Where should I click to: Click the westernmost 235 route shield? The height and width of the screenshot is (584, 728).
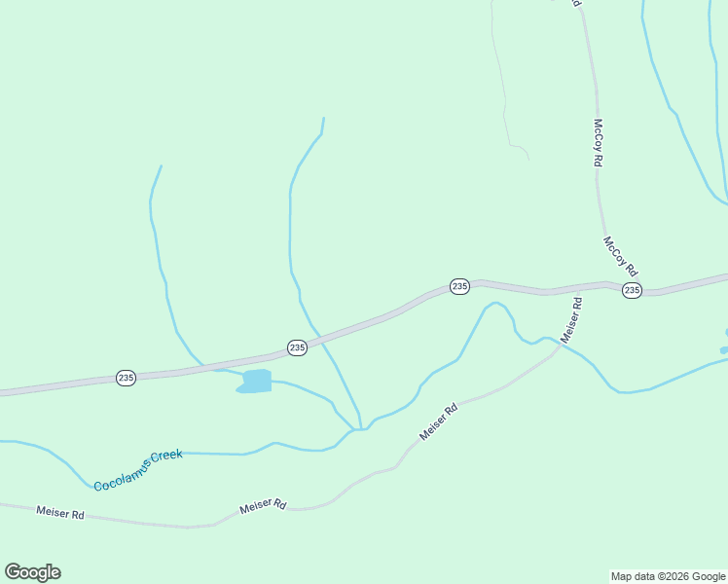click(x=126, y=377)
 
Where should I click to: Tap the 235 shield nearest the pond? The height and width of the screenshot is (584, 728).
click(x=297, y=347)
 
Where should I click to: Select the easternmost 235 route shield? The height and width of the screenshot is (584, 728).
click(x=632, y=290)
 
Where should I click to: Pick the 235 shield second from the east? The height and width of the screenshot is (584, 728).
click(x=460, y=285)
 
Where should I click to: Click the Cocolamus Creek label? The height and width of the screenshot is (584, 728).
click(x=138, y=469)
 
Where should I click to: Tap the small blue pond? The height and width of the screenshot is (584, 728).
click(x=256, y=381)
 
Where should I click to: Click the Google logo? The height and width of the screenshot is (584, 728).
click(x=32, y=572)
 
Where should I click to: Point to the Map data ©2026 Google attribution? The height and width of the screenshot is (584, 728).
click(x=668, y=576)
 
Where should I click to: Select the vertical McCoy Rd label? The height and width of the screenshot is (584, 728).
click(x=600, y=143)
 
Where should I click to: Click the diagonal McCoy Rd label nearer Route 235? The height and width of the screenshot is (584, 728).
click(x=620, y=256)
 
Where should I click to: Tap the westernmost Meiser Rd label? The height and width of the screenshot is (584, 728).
click(x=59, y=511)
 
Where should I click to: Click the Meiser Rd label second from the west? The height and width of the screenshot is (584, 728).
click(x=263, y=506)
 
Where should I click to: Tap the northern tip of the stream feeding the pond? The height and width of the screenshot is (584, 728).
click(x=161, y=166)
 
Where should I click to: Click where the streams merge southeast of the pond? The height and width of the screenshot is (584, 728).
click(x=359, y=429)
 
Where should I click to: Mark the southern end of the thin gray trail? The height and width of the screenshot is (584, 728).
click(x=528, y=160)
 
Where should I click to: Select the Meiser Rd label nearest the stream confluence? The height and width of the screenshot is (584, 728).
click(x=438, y=423)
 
